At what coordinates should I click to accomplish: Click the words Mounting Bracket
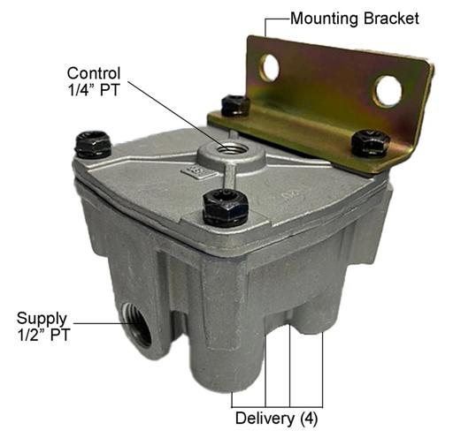pos(355,19)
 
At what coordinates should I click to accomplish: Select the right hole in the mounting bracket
pos(388,91)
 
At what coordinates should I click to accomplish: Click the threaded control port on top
pos(231,147)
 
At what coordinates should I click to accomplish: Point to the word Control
pos(94,73)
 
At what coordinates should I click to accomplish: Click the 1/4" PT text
pos(94,89)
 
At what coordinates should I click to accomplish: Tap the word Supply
pos(42,320)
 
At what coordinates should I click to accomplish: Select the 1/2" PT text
pos(43,335)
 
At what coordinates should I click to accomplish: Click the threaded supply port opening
pos(137,324)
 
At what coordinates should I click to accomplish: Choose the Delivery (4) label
pos(276,419)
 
